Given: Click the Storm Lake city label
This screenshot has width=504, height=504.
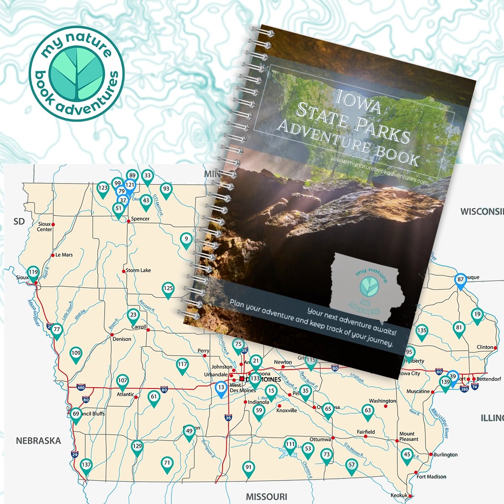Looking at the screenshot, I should pyautogui.click(x=138, y=270).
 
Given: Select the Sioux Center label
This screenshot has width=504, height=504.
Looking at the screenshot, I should pyautogui.click(x=45, y=227).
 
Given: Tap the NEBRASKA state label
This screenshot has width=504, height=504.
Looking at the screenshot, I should pyautogui.click(x=38, y=441).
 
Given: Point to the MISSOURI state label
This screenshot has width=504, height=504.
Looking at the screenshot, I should pyautogui.click(x=267, y=496).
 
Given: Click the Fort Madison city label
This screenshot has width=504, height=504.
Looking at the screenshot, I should pyautogui.click(x=431, y=477).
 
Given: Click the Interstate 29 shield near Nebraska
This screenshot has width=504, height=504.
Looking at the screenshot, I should pyautogui.click(x=74, y=454).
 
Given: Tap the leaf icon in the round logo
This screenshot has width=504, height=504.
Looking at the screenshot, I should pyautogui.click(x=76, y=73).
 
